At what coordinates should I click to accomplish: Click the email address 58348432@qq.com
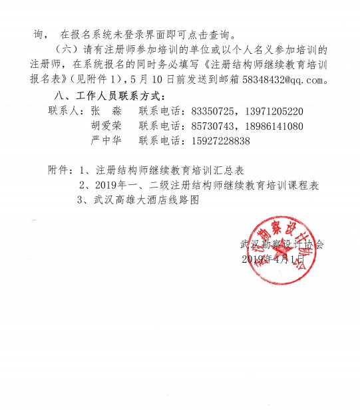(x=288, y=80)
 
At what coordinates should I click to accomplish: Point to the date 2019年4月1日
(x=273, y=259)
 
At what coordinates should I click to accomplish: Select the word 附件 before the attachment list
(x=60, y=170)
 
